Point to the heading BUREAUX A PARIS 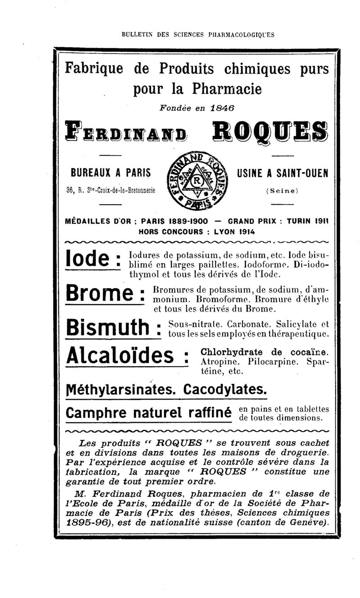pyautogui.click(x=110, y=173)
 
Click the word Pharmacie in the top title pyautogui.click(x=226, y=89)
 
